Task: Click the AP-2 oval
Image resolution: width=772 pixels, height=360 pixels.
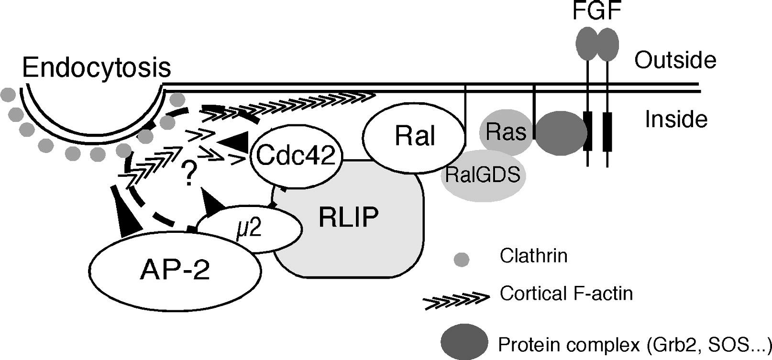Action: (x=175, y=271)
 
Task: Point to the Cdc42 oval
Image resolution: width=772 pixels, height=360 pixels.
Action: (x=295, y=156)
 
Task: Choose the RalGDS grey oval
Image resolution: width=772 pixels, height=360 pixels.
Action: (x=482, y=175)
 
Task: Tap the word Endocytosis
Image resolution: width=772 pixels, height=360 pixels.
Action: (x=97, y=67)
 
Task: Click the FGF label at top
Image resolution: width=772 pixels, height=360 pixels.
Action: (x=596, y=11)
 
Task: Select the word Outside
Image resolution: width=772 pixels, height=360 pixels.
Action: (x=675, y=61)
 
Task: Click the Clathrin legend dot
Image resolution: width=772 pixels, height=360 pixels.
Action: (x=462, y=259)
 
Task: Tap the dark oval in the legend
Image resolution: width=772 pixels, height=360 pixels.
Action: (x=464, y=342)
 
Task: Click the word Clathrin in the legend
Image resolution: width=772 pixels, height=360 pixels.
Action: (x=533, y=256)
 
